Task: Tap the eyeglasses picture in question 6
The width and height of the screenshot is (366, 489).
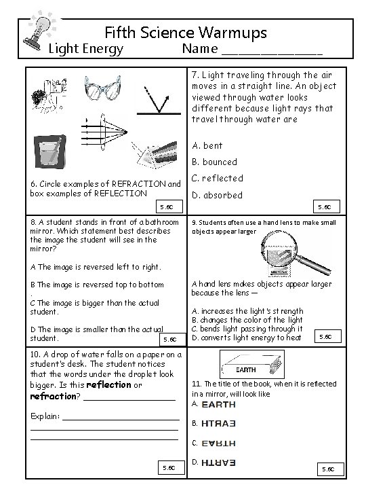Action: pos(102,88)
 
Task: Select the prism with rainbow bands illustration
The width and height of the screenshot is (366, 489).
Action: pos(155,155)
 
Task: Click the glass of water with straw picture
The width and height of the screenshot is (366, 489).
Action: pos(49,152)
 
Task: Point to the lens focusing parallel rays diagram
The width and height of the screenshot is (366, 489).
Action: pos(104,132)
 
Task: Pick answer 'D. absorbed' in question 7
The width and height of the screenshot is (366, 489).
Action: pos(217,195)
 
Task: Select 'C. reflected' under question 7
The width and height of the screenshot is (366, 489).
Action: pos(218,179)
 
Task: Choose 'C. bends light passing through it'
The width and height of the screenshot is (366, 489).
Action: pos(247,329)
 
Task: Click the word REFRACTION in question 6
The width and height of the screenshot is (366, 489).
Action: pos(139,184)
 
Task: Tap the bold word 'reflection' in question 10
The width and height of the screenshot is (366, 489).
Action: pos(108,385)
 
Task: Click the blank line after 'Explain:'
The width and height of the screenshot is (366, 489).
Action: pos(121,420)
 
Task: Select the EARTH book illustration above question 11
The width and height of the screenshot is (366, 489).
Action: pos(251,364)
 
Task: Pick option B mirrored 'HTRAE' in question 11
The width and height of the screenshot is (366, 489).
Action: pos(218,424)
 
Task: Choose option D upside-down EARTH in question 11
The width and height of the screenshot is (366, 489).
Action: pos(218,463)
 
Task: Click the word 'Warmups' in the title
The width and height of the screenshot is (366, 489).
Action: pos(232,33)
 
